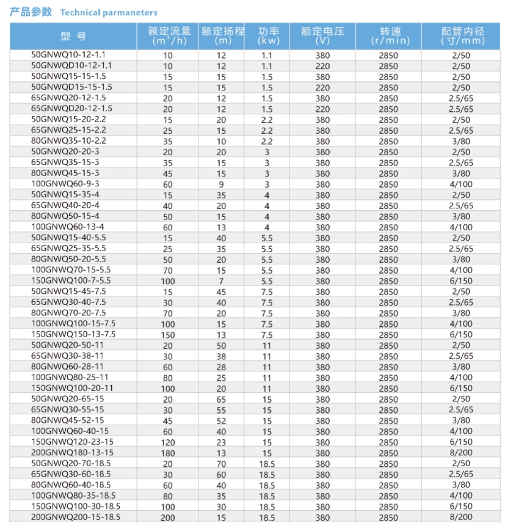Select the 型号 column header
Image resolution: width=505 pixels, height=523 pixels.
point(73,37)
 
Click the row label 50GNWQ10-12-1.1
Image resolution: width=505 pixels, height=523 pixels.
point(71,54)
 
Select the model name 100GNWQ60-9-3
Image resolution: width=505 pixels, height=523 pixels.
point(71,183)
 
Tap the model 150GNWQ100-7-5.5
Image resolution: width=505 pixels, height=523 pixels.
point(71,280)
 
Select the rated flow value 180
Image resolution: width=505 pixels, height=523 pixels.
point(168,453)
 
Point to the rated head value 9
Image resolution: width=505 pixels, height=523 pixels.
point(221,184)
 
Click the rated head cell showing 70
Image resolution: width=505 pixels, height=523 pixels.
point(221,464)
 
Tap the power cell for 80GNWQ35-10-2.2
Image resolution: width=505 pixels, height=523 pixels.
point(267,141)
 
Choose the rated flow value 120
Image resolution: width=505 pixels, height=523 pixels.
point(168,442)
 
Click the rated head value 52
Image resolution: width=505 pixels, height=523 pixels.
point(221,421)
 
